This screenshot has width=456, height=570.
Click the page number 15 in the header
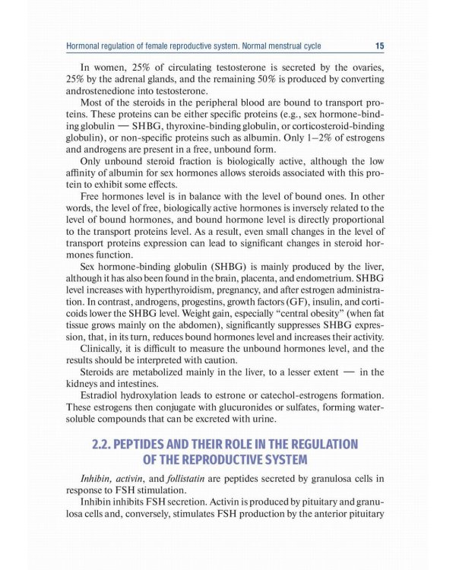click(x=379, y=46)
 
